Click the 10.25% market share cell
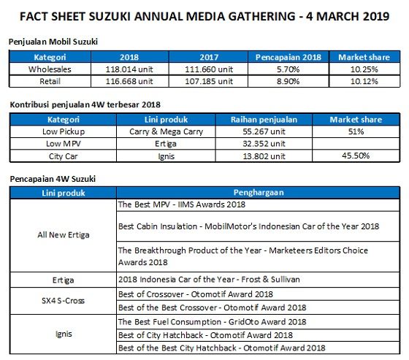coord(363,69)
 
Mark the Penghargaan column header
coord(259,192)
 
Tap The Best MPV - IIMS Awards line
coord(180,206)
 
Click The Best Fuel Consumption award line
coord(212,321)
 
